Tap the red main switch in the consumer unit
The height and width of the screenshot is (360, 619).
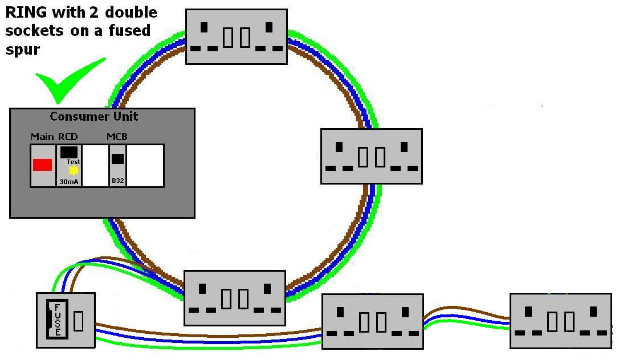(x=42, y=165)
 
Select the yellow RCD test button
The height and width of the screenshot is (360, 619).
(x=73, y=170)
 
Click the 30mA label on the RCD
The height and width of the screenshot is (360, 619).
(x=69, y=181)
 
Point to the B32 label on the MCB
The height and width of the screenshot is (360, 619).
(x=117, y=181)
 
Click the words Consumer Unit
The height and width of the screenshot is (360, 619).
(x=94, y=117)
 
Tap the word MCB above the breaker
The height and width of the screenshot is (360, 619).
(x=117, y=137)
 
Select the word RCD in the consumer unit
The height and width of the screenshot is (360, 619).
(x=68, y=137)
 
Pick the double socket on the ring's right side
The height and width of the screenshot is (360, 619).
(x=371, y=156)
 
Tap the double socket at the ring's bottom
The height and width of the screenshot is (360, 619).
(x=234, y=298)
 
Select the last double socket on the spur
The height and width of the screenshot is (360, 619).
(x=560, y=321)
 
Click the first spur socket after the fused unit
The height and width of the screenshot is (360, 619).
(x=373, y=321)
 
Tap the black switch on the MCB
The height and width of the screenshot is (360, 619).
(x=117, y=159)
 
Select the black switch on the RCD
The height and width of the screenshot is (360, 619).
(x=69, y=152)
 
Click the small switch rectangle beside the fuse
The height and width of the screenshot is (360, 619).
(x=78, y=321)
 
